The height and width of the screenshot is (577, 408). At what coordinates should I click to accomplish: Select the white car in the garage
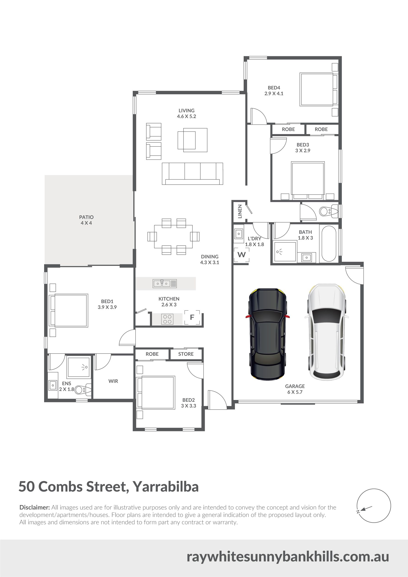click(326, 332)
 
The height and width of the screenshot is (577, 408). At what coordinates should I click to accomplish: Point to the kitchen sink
click(165, 283)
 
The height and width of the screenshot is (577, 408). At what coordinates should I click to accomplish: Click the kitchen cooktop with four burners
click(167, 319)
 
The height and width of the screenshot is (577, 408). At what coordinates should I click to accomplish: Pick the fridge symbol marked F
click(192, 318)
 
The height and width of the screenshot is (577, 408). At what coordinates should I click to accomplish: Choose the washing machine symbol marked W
click(241, 255)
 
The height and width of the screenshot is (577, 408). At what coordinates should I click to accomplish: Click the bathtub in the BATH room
click(329, 244)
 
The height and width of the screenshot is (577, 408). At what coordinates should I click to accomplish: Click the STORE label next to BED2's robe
click(186, 354)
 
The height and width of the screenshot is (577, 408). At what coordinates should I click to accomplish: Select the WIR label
click(113, 381)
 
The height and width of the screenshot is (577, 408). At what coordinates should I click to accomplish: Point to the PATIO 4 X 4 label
click(86, 220)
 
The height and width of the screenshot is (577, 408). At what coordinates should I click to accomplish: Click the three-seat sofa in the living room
click(192, 174)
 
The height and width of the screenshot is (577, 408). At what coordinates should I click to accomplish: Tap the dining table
click(173, 236)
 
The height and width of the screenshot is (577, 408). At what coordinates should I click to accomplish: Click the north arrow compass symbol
click(374, 506)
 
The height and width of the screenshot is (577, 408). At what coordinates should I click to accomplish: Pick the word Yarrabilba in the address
click(165, 487)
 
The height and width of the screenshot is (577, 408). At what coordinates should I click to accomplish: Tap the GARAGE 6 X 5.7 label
click(295, 389)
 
